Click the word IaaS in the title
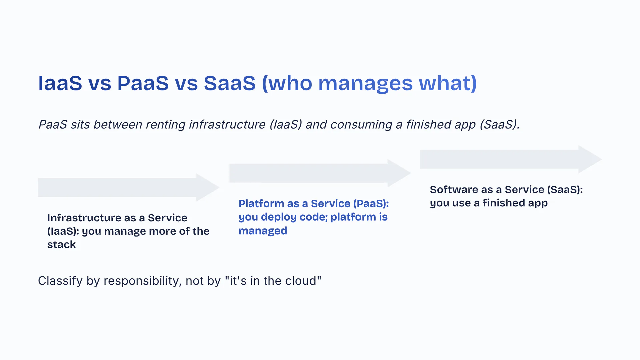click(x=60, y=83)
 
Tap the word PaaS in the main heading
click(x=143, y=83)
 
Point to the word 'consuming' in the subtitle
click(x=361, y=125)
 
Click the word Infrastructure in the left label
click(x=85, y=218)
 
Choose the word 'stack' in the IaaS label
click(x=61, y=244)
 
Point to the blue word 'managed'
click(x=263, y=231)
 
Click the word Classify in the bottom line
click(x=60, y=281)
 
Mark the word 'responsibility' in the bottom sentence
click(x=143, y=281)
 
